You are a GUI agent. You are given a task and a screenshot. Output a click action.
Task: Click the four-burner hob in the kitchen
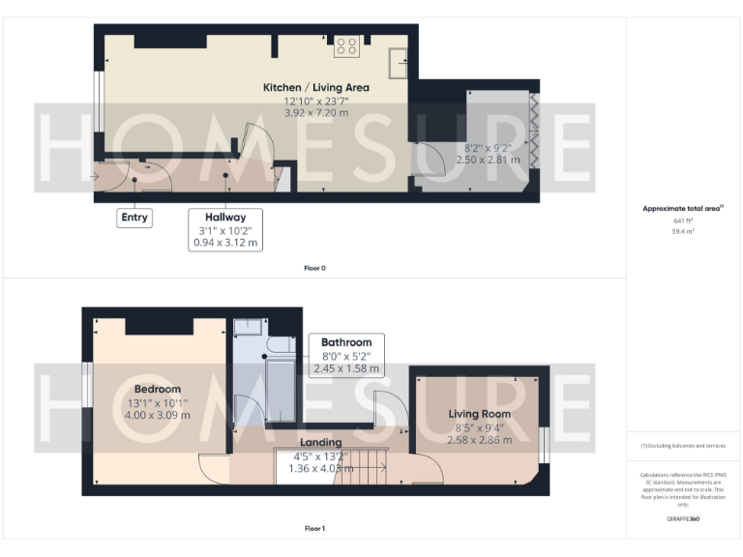click(347, 44)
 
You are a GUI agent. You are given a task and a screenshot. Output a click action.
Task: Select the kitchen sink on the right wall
click(397, 62)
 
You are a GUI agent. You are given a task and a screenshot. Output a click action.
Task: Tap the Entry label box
click(134, 218)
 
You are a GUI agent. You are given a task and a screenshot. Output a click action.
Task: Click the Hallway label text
click(224, 218)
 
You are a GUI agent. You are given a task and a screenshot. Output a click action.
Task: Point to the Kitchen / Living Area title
click(315, 88)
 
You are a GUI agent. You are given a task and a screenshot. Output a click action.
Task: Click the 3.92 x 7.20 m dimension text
click(315, 113)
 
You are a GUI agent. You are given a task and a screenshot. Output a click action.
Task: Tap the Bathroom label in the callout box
click(346, 342)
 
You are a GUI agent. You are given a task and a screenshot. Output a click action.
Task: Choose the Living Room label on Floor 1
click(479, 414)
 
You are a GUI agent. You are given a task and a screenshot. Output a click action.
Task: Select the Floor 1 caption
click(314, 529)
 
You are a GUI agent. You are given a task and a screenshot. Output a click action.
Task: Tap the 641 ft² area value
click(683, 221)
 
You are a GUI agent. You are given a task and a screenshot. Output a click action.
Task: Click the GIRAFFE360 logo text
click(683, 519)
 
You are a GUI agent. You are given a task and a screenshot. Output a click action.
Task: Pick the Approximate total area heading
click(682, 209)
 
